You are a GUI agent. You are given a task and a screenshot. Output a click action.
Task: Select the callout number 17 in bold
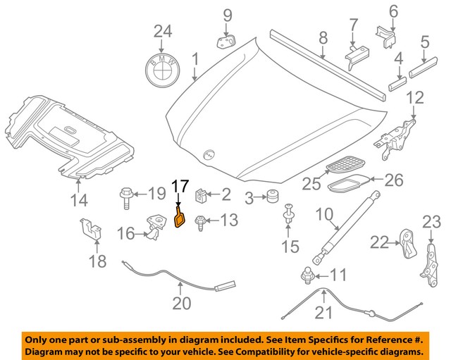coord(180,187)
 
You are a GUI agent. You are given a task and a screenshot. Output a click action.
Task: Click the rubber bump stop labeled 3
coord(268,199)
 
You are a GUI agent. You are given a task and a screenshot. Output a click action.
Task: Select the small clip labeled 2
coord(200,193)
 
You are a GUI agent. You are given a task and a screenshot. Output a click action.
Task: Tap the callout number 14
coord(79,201)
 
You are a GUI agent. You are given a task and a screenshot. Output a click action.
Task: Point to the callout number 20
coord(182,304)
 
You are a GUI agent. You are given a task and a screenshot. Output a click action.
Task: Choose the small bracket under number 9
coord(226,42)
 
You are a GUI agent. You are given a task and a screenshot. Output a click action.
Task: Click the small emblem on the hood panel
coord(208,155)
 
